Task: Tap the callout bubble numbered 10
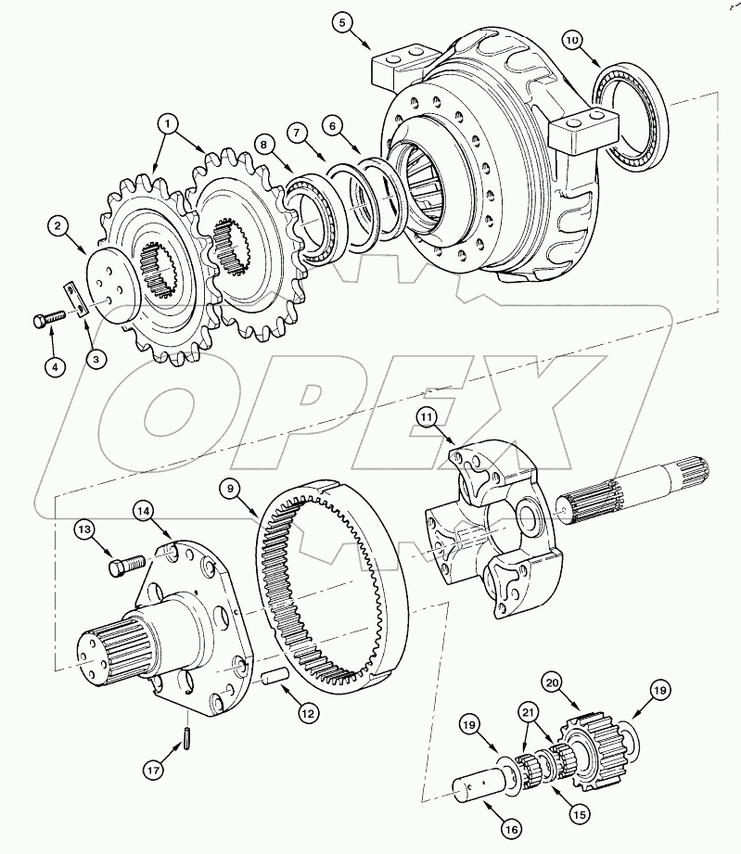(573, 42)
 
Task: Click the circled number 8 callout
(264, 146)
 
